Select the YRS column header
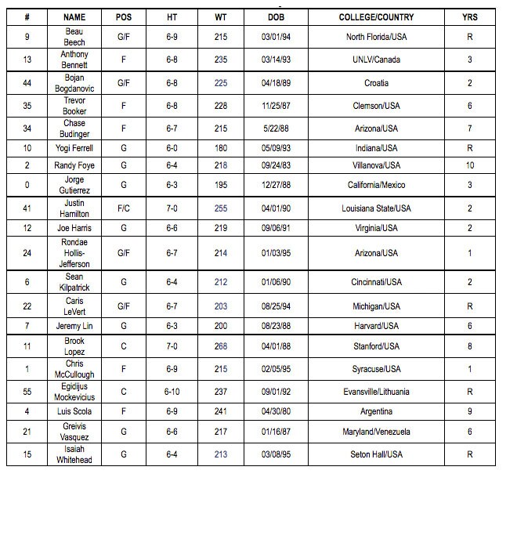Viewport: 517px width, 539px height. (x=470, y=16)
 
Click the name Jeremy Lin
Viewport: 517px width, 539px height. (x=74, y=326)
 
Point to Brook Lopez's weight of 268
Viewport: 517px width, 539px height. (x=221, y=346)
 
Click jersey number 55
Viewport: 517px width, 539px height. (x=27, y=392)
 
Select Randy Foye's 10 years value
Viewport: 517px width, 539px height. (x=470, y=165)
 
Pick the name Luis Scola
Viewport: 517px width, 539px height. (x=74, y=411)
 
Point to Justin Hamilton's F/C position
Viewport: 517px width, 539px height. (x=124, y=208)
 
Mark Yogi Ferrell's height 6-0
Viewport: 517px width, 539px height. (x=172, y=147)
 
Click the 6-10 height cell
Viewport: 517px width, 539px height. (x=172, y=392)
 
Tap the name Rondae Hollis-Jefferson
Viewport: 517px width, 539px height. (x=74, y=253)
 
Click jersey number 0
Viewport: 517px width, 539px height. (x=27, y=185)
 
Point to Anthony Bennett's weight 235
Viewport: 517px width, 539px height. (x=221, y=60)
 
